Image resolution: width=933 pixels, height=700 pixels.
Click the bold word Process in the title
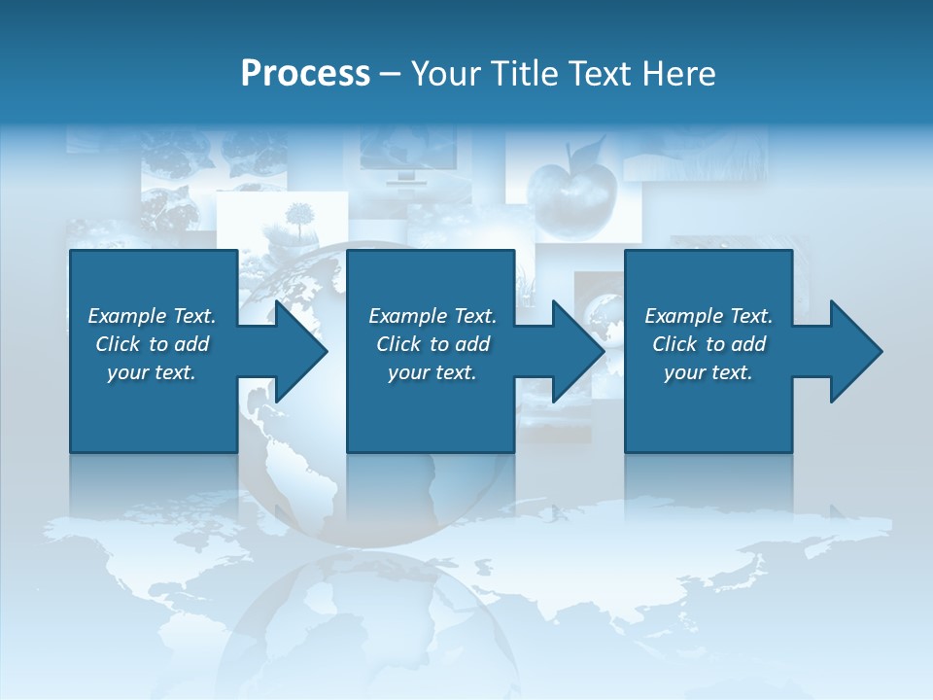click(x=305, y=74)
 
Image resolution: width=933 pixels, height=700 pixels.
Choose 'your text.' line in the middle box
click(x=432, y=372)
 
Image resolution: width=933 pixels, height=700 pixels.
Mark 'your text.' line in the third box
click(x=708, y=372)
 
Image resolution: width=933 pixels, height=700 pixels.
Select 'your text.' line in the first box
click(x=152, y=372)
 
